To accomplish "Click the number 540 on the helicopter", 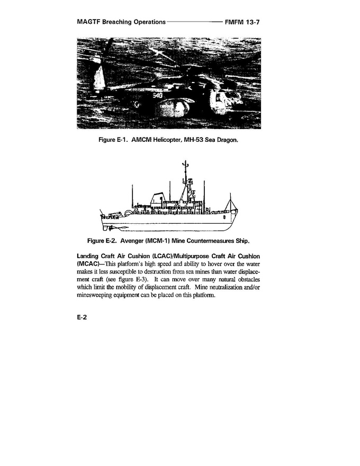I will coord(158,96).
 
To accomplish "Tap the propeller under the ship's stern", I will coord(109,229).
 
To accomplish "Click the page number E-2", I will coord(82,319).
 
